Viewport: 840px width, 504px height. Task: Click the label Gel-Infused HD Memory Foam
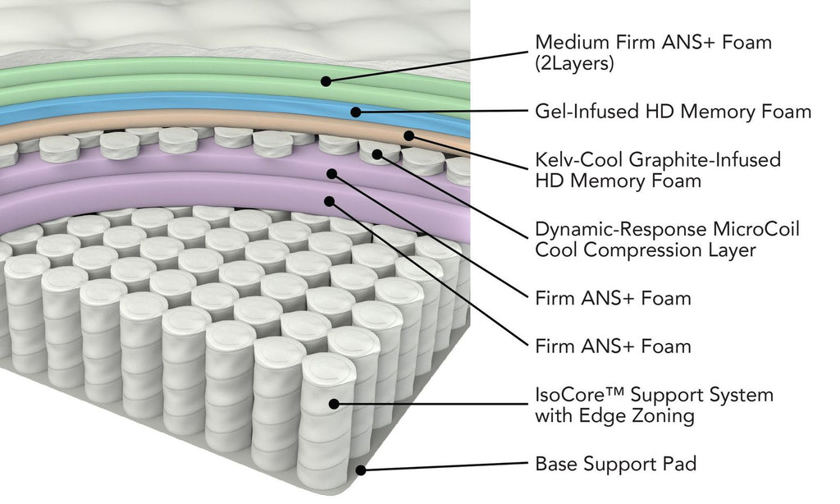click(673, 111)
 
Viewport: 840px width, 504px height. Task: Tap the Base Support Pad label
click(615, 464)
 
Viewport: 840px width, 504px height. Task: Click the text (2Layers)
click(574, 63)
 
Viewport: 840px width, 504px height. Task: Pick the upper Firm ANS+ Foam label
click(613, 298)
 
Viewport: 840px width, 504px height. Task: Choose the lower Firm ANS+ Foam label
click(613, 346)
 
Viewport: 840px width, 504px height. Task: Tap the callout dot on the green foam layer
click(326, 80)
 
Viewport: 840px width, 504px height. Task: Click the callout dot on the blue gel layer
click(355, 111)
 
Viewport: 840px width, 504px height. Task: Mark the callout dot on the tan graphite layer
click(408, 135)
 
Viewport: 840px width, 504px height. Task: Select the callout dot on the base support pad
click(360, 470)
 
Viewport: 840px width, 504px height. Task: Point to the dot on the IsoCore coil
click(333, 403)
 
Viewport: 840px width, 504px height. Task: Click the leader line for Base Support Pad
click(443, 466)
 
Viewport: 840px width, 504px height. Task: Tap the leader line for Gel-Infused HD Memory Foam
click(443, 111)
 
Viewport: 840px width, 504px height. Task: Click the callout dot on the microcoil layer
click(377, 153)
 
